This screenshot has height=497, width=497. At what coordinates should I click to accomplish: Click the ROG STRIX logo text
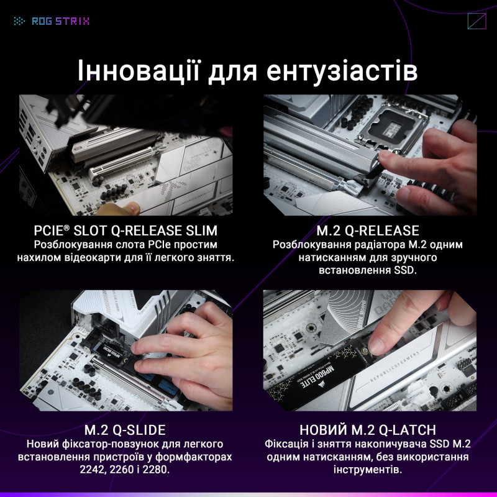click(60, 21)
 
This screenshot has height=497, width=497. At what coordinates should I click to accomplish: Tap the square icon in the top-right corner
click(476, 21)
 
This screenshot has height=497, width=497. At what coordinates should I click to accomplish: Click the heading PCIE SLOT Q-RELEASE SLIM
click(126, 230)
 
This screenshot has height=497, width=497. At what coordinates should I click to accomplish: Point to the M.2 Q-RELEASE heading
click(372, 230)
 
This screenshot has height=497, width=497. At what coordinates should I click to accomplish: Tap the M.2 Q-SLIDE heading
click(125, 430)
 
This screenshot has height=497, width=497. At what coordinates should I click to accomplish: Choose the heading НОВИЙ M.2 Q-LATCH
click(372, 430)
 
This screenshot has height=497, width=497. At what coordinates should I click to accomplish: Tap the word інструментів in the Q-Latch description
click(372, 470)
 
